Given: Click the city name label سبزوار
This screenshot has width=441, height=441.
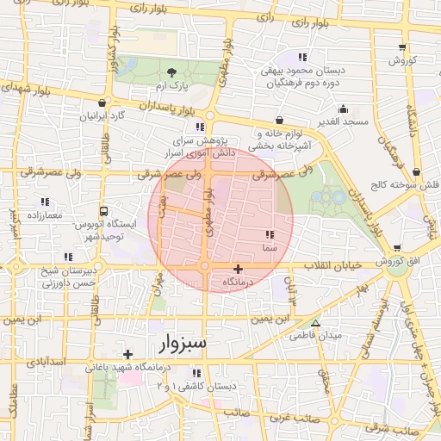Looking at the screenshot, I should [183, 344].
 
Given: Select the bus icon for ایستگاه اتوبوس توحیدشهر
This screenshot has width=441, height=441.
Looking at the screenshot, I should [104, 210].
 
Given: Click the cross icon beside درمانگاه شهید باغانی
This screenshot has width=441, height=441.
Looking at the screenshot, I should [127, 354].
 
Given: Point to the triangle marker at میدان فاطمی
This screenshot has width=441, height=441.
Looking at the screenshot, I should [316, 324].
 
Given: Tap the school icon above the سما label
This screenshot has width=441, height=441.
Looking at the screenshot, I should [269, 234].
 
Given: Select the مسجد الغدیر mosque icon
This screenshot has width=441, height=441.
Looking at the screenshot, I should [344, 109].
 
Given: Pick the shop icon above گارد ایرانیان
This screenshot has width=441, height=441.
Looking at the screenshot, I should [102, 102].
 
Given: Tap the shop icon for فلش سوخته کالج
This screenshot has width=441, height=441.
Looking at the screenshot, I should [417, 172].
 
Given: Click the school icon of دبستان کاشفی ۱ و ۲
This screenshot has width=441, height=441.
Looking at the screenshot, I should [196, 373].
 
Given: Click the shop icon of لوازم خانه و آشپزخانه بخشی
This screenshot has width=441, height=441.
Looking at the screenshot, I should [278, 121].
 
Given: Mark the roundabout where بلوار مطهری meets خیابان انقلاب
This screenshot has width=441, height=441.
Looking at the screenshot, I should [205, 267].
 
